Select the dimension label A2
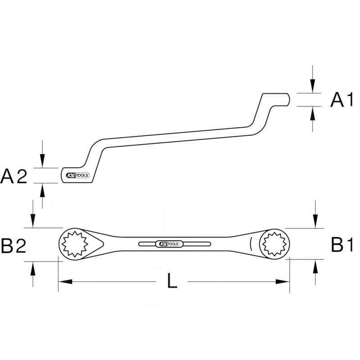[14, 176]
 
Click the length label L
[172, 282]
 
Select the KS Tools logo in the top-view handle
[169, 243]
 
